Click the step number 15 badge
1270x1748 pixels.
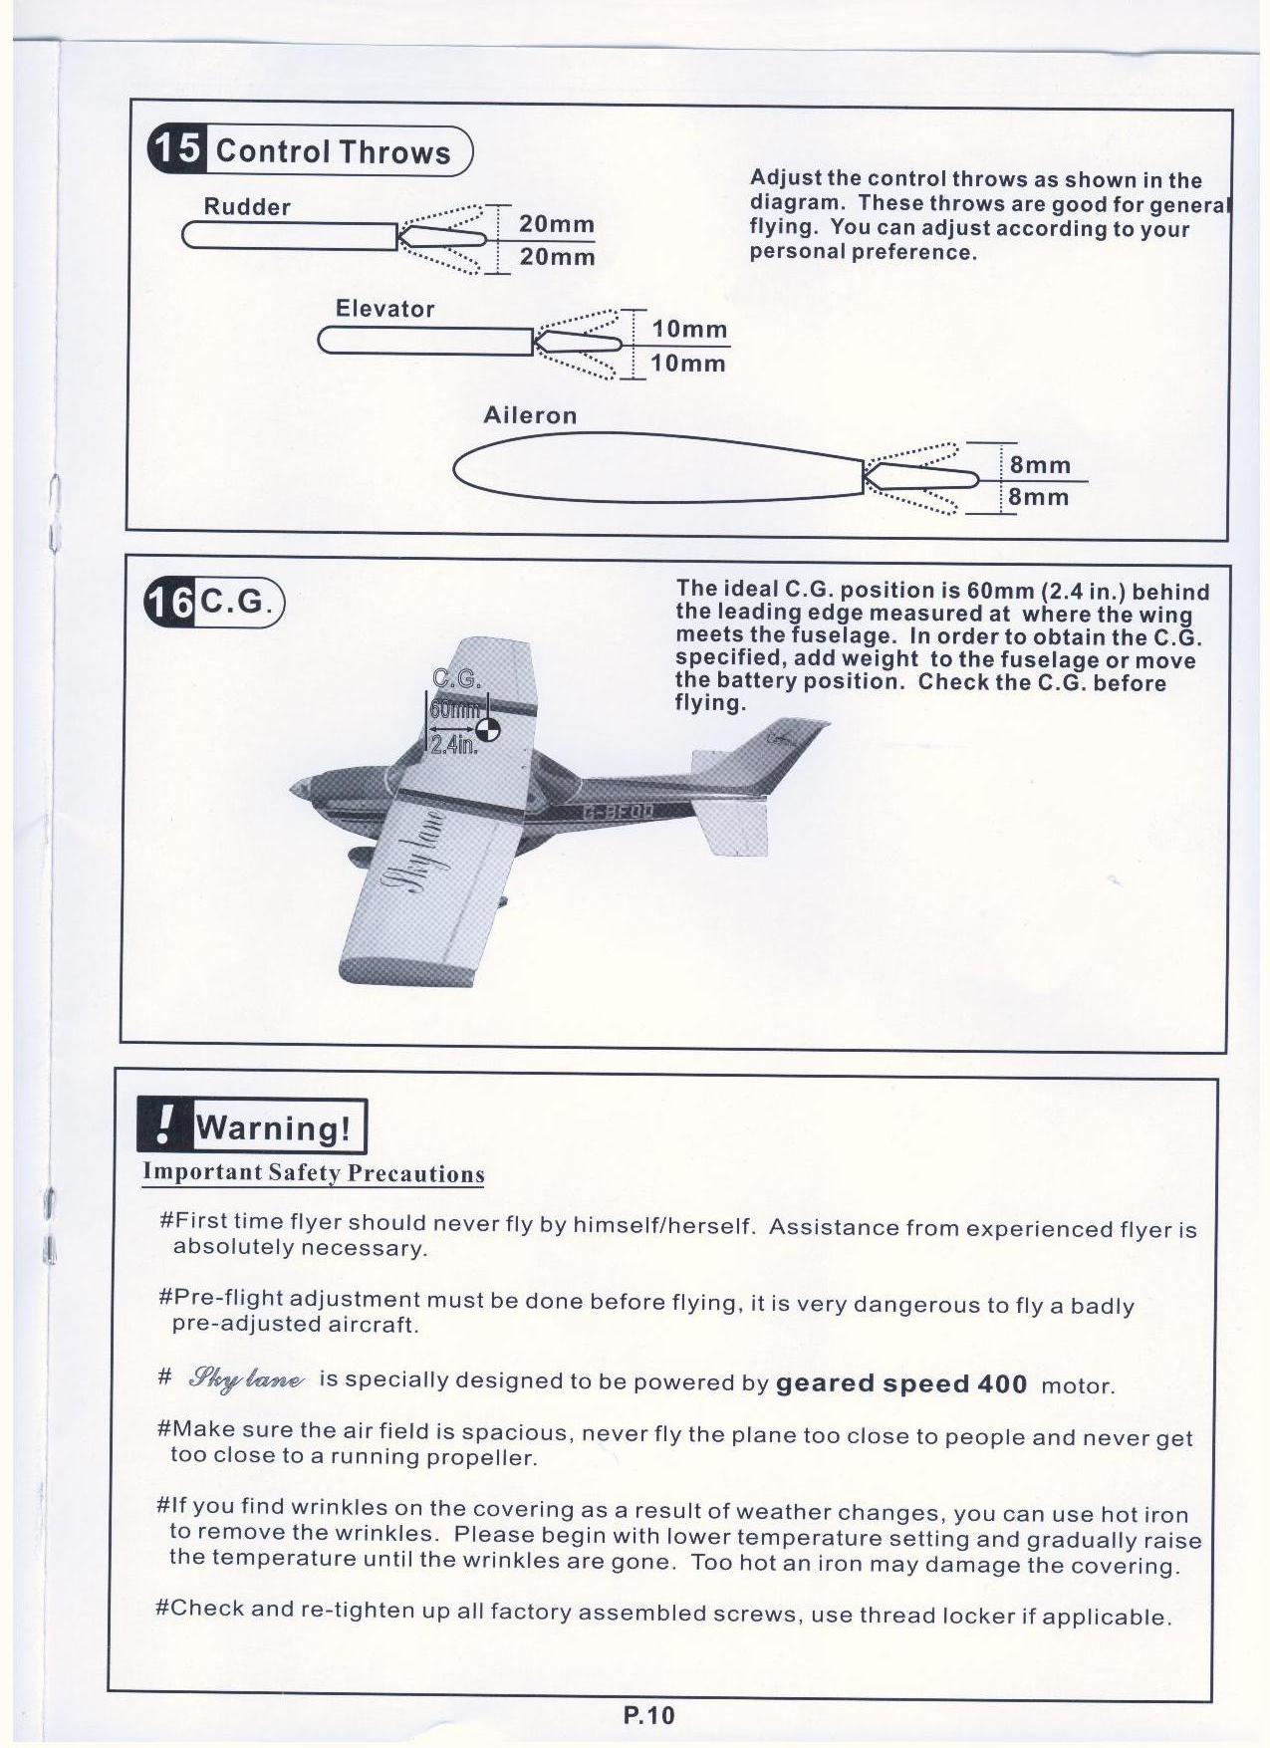[x=177, y=149]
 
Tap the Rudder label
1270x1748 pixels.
[x=246, y=207]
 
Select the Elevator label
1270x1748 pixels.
[x=384, y=309]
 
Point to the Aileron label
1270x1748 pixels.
[x=530, y=415]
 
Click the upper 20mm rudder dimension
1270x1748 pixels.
[x=556, y=224]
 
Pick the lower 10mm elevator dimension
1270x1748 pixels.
[x=687, y=364]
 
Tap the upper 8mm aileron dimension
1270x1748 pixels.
[x=1040, y=465]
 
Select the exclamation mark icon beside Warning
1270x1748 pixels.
[x=164, y=1125]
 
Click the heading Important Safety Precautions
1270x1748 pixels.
[x=313, y=1172]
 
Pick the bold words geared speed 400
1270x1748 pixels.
[x=900, y=1383]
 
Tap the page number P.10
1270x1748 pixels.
[x=648, y=1715]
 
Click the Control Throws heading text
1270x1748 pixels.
[x=333, y=152]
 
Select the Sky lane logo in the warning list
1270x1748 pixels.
[x=246, y=1378]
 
